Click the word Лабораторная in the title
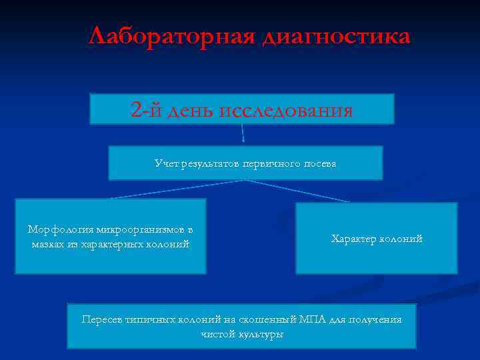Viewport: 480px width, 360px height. (171, 36)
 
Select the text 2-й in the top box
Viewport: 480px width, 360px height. (145, 109)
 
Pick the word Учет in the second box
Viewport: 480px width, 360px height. (166, 163)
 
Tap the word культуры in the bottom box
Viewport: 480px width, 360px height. (261, 333)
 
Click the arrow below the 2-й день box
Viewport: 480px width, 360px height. (243, 133)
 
